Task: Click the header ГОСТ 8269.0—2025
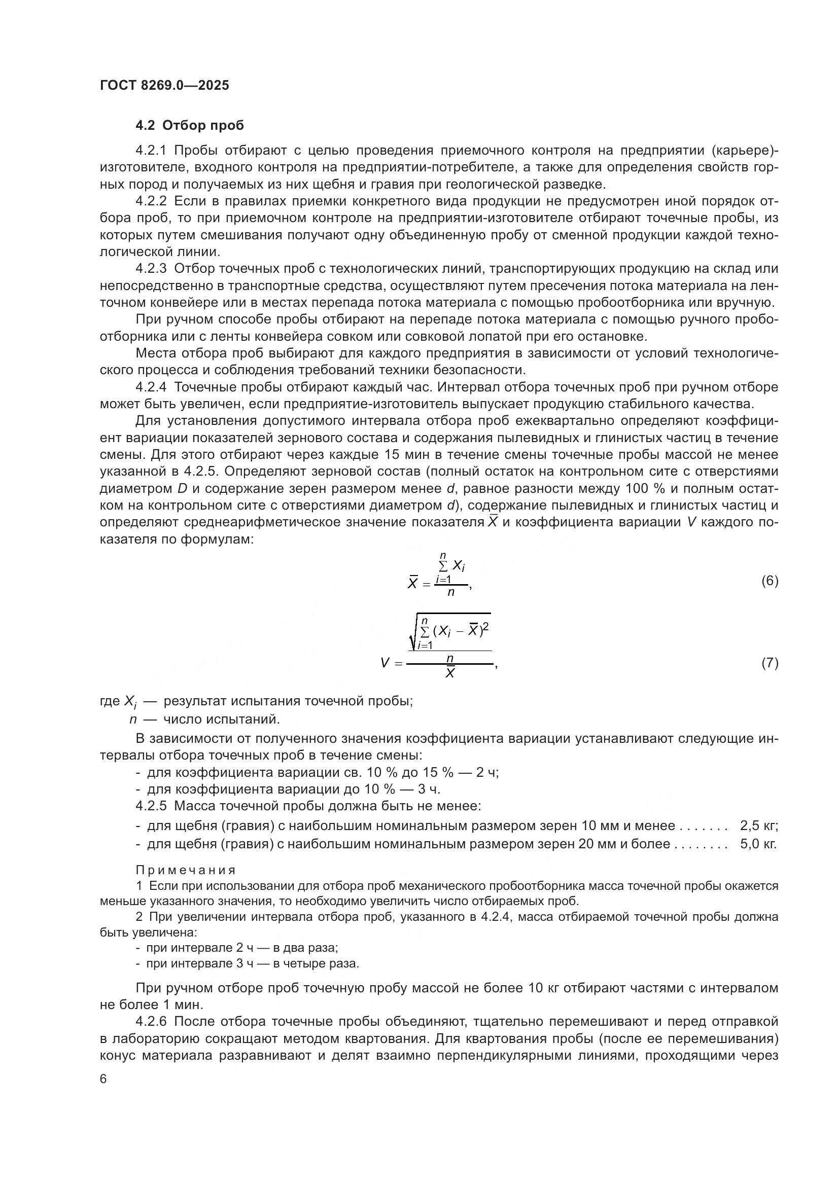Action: point(164,85)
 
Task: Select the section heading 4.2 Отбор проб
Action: point(190,126)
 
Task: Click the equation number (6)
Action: point(770,581)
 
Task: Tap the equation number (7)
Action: point(770,663)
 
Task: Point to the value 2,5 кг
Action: point(758,826)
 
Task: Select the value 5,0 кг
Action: point(758,844)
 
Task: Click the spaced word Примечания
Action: point(186,871)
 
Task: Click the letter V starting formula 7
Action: point(384,663)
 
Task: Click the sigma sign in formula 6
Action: point(443,567)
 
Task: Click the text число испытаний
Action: point(221,719)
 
